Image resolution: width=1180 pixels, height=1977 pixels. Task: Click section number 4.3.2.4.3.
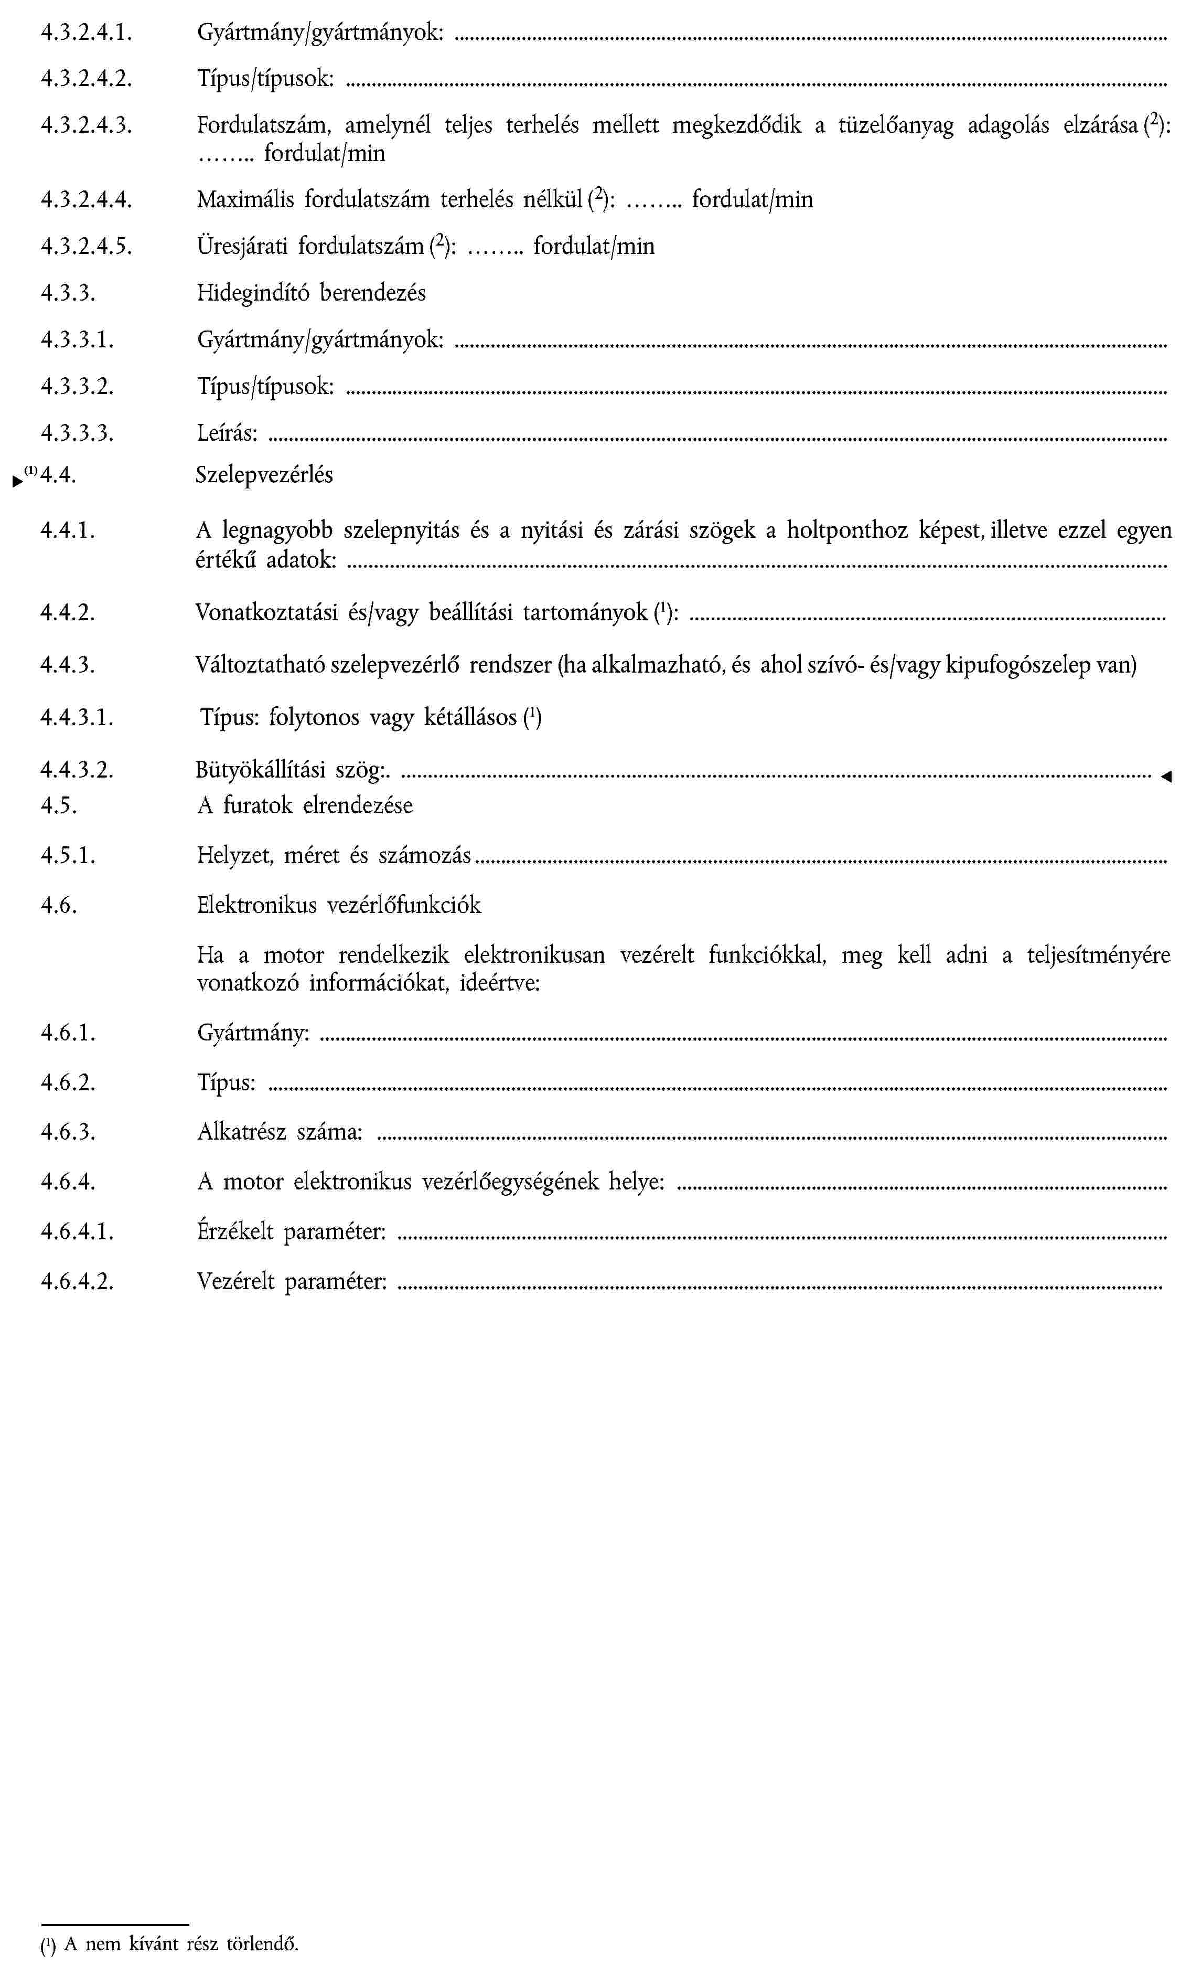coord(86,125)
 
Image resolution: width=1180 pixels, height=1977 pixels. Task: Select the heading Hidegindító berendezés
coord(311,293)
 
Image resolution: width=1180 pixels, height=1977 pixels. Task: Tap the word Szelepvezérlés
coord(264,475)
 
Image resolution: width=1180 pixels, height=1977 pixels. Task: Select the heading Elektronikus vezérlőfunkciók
coord(339,905)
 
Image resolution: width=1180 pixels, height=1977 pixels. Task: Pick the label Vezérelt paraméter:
coord(292,1281)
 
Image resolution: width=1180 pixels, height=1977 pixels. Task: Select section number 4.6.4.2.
coord(77,1281)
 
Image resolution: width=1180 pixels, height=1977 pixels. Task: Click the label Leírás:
coord(228,433)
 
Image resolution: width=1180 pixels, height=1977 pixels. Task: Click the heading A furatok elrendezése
coord(305,805)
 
